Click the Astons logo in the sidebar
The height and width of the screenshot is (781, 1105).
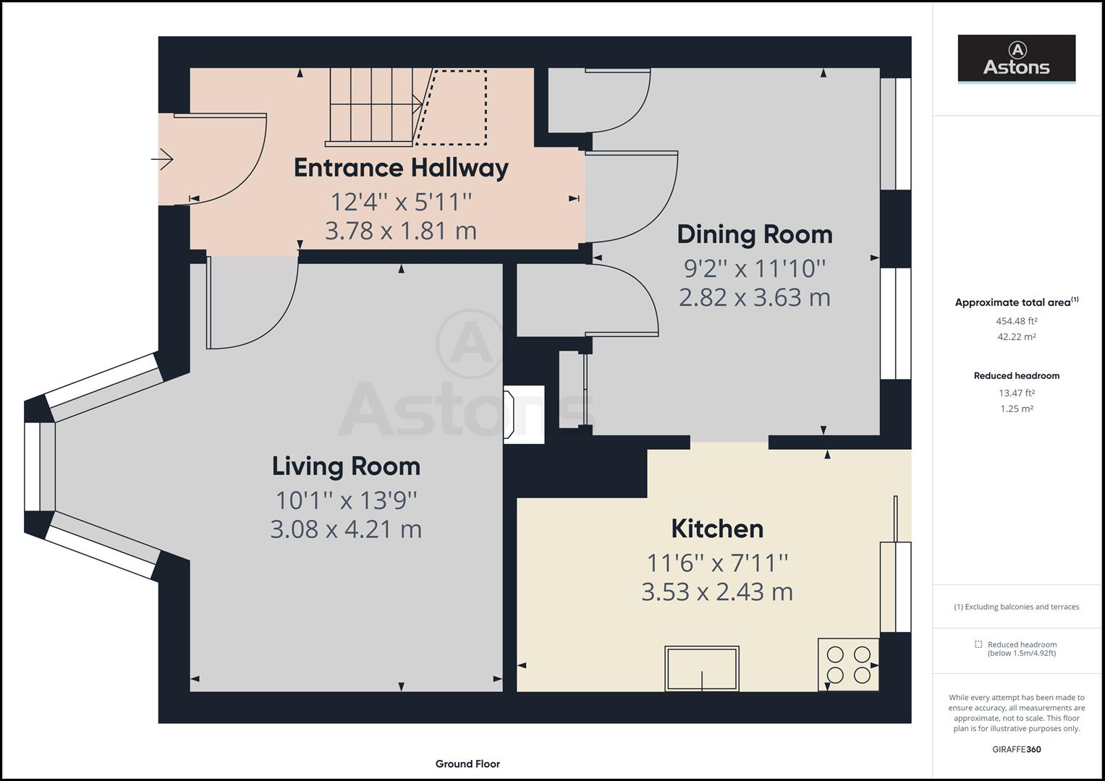1016,59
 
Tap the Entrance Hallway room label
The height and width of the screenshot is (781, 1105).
401,168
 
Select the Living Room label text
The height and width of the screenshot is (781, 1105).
346,466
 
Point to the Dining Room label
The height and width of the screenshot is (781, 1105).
754,234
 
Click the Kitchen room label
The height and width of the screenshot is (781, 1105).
717,529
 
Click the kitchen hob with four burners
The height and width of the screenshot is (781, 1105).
848,665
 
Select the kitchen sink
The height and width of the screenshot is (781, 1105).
702,669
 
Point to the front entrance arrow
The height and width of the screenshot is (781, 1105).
163,158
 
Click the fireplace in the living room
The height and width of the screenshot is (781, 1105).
522,414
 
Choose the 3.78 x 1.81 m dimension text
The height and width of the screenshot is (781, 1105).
401,231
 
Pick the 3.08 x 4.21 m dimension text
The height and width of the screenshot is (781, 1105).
346,529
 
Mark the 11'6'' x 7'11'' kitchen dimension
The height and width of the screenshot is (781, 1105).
717,562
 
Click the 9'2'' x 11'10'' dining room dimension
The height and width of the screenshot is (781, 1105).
754,268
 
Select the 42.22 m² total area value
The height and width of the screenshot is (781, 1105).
1016,337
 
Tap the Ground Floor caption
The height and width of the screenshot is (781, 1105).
467,764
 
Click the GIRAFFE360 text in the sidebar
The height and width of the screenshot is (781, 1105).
1016,749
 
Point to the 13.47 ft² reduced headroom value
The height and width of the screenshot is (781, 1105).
1016,393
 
